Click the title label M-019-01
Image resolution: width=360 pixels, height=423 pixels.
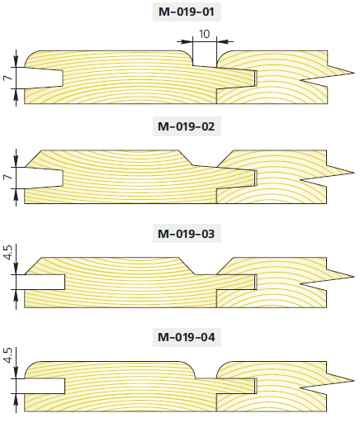pyautogui.click(x=187, y=12)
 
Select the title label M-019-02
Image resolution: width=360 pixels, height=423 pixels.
pyautogui.click(x=187, y=126)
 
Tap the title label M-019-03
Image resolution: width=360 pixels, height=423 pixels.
pyautogui.click(x=187, y=234)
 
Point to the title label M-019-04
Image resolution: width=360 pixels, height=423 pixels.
pyautogui.click(x=187, y=337)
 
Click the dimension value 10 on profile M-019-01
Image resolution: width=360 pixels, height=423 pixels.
pyautogui.click(x=205, y=34)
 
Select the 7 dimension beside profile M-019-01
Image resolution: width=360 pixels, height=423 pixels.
pyautogui.click(x=8, y=78)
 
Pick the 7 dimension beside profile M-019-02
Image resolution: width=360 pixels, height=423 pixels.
pyautogui.click(x=8, y=177)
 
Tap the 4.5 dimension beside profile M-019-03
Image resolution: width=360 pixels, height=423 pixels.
pyautogui.click(x=8, y=253)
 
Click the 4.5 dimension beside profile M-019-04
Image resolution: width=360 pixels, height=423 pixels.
pyautogui.click(x=8, y=355)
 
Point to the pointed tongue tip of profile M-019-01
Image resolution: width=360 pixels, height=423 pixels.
pyautogui.click(x=354, y=73)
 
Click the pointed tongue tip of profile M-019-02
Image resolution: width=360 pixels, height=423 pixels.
pyautogui.click(x=354, y=173)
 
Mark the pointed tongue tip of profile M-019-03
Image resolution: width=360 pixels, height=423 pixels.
pyautogui.click(x=354, y=276)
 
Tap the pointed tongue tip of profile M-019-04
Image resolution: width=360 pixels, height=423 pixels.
pyautogui.click(x=354, y=381)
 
